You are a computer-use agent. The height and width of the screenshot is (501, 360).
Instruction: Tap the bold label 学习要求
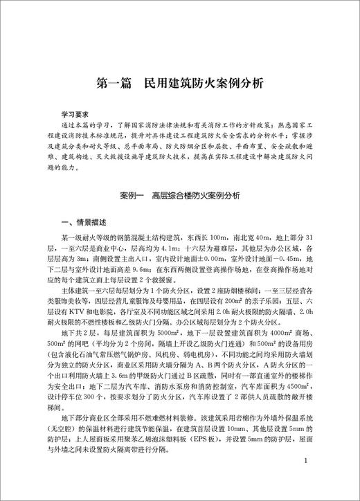[x=77, y=111]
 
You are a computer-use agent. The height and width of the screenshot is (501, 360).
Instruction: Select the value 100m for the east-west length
[x=223, y=236]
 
